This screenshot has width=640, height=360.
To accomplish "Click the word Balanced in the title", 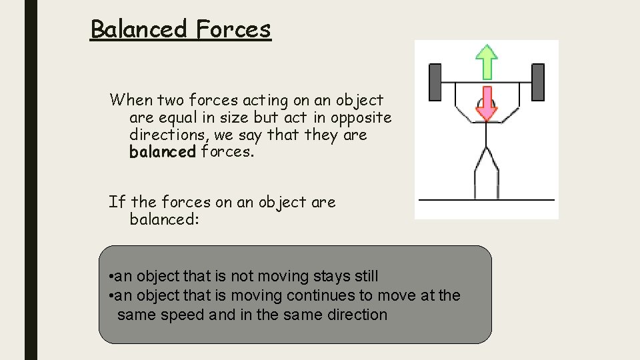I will [x=139, y=29].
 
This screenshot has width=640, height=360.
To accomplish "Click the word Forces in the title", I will [x=233, y=29].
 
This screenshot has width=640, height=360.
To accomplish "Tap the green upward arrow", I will [x=487, y=62].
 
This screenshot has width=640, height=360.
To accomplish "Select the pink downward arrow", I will [x=487, y=103].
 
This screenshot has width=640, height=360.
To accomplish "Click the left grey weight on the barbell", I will [x=435, y=82].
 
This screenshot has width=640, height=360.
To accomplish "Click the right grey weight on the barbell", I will [x=537, y=82].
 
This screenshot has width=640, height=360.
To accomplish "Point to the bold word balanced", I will [x=163, y=152].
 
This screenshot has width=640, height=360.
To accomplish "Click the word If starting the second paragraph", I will [x=117, y=201].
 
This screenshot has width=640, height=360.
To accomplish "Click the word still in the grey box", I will [x=363, y=276].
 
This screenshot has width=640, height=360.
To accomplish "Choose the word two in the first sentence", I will [x=171, y=100].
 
